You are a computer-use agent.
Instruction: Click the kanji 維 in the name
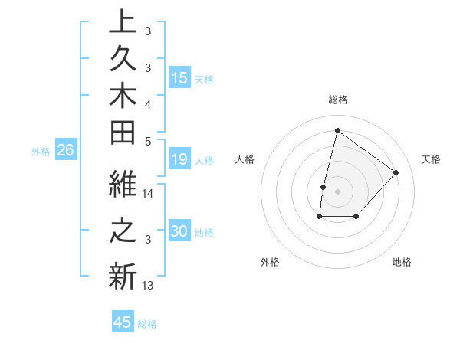pos(123,186)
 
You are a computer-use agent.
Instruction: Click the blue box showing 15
pos(179,78)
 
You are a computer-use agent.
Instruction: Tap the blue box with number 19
pos(179,159)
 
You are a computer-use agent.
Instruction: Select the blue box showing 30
pos(179,231)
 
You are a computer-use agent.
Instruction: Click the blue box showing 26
pos(65,151)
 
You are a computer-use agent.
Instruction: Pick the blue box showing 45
pos(123,322)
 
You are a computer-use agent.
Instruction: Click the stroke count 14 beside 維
pos(148,194)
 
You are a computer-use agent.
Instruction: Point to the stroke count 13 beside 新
pos(148,286)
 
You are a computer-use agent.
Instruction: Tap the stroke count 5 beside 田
pos(148,140)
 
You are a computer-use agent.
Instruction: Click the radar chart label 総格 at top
pos(338,100)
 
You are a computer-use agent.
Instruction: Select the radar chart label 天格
pos(431,159)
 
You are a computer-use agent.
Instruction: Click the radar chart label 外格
pos(270,262)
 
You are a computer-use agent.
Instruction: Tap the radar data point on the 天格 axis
pos(396,172)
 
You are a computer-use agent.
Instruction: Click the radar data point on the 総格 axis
pos(337,130)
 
